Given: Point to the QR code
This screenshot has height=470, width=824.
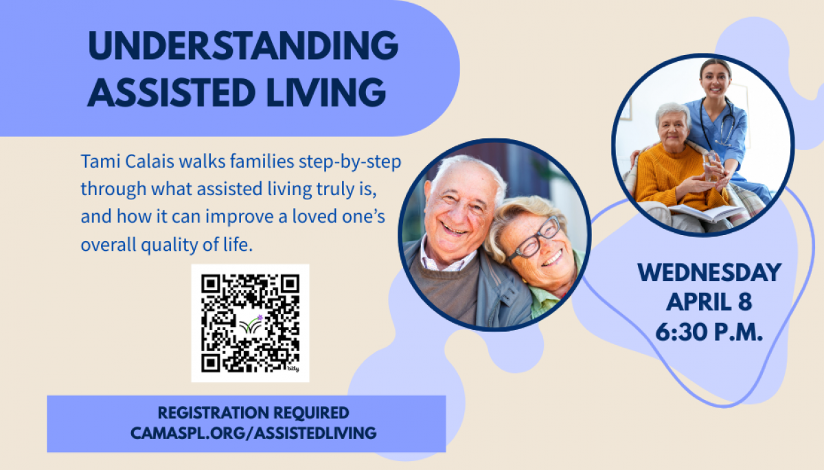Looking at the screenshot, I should pyautogui.click(x=250, y=323).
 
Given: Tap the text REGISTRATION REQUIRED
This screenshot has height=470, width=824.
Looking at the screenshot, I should pyautogui.click(x=253, y=413).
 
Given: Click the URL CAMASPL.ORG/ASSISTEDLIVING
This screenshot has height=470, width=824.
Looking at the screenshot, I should pyautogui.click(x=253, y=433).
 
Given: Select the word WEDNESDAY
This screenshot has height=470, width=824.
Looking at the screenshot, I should pyautogui.click(x=709, y=273).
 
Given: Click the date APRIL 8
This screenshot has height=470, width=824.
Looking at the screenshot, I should pyautogui.click(x=709, y=302).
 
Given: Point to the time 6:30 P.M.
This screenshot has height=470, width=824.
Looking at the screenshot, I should pyautogui.click(x=709, y=333).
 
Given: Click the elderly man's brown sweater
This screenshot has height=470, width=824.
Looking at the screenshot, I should pyautogui.click(x=446, y=289).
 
